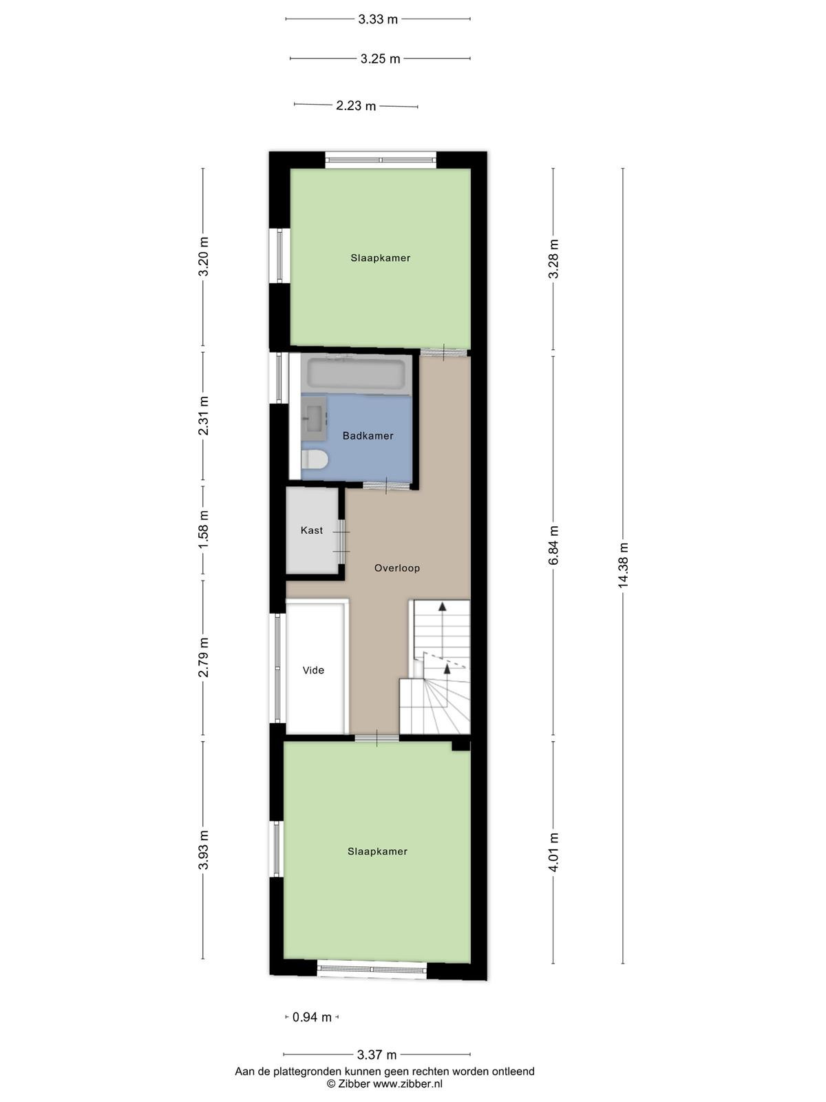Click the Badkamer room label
coord(368,436)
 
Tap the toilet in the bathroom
coord(315,459)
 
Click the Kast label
coord(311,530)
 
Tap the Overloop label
coord(396,568)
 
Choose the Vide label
coord(313,669)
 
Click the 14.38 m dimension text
coord(622,565)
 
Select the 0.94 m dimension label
coord(312,1017)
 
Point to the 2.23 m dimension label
coord(356,106)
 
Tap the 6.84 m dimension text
coord(553,545)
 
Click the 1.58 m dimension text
coord(202,530)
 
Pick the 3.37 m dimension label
coord(377,1054)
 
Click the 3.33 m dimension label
coord(378,19)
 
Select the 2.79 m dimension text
coord(202,657)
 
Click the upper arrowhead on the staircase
coord(442,607)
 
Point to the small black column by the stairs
coord(460,745)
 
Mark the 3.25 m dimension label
coord(380,59)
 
